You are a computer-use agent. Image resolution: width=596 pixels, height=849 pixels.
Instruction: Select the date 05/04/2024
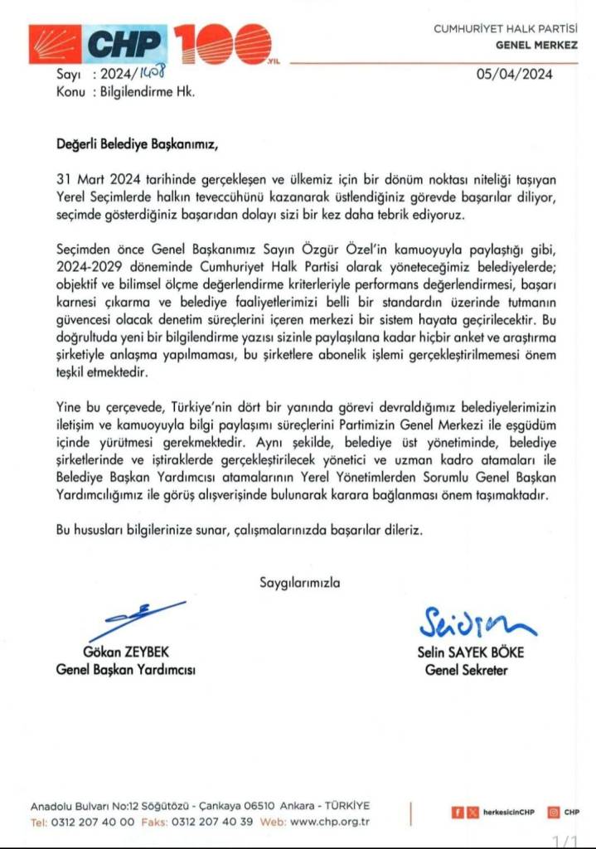(x=514, y=74)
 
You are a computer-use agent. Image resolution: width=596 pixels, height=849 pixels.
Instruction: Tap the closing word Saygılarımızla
(x=299, y=582)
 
